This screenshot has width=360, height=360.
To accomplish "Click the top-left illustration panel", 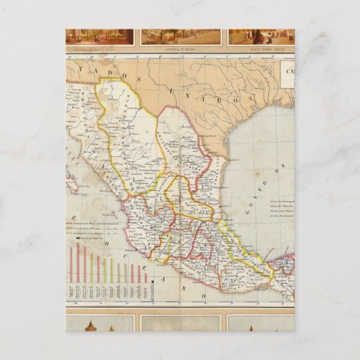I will [x=99, y=36].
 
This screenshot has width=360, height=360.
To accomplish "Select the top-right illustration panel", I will [x=262, y=36].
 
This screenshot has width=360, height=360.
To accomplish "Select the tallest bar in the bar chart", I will [x=77, y=263].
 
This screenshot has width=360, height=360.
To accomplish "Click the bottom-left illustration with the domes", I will [x=99, y=323].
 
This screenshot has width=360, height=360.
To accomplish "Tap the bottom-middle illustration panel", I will [x=181, y=323].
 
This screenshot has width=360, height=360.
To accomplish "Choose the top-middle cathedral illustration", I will [x=181, y=36].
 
